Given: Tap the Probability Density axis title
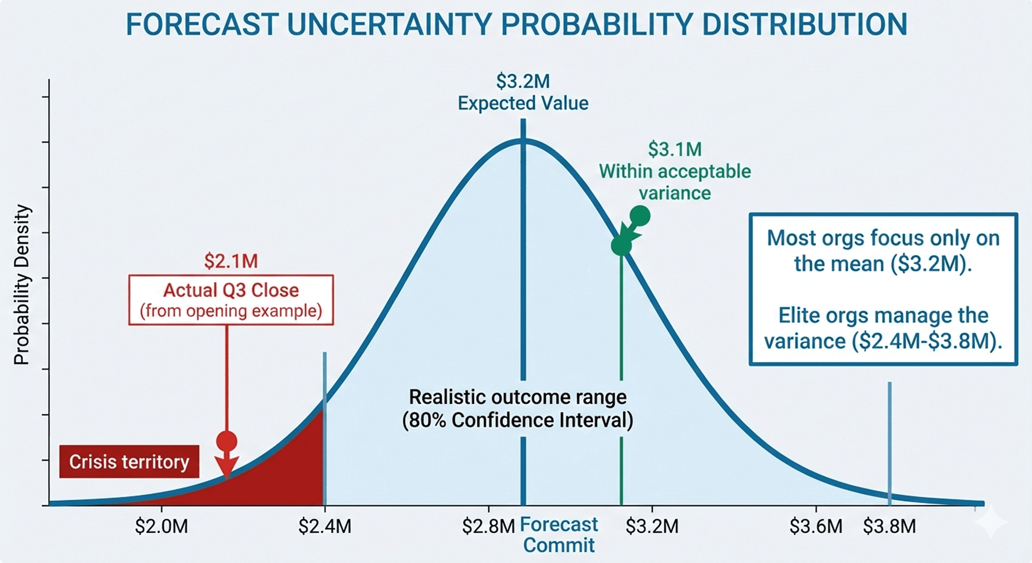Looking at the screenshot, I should tap(22, 285).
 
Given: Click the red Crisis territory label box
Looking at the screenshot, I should tap(129, 461).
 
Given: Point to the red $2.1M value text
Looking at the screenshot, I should tap(231, 261).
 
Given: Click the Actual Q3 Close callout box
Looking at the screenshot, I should tap(231, 300).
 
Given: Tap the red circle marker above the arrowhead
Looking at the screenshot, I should tap(227, 442).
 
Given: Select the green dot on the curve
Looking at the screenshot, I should tap(622, 245).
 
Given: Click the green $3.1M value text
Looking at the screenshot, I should tap(675, 150).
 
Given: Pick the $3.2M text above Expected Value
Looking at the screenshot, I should tap(523, 81).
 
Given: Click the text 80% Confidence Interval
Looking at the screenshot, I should tap(517, 420).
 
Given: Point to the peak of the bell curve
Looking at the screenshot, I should tap(523, 140).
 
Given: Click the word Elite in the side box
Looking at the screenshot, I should tap(797, 315).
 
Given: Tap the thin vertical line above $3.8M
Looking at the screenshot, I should tap(889, 441).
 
